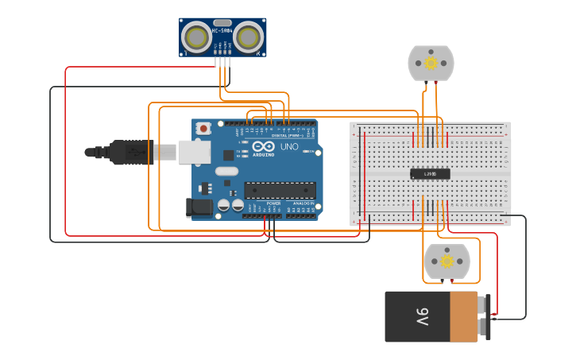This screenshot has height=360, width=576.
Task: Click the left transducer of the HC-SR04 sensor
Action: (x=196, y=37)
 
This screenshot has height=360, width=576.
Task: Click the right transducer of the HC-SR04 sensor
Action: (x=249, y=37)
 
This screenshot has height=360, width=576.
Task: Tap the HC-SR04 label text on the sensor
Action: (x=222, y=30)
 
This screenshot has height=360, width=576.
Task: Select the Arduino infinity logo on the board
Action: (x=263, y=146)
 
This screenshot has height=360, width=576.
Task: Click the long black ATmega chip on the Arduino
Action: (x=280, y=191)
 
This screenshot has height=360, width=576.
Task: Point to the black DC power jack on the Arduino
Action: (x=199, y=208)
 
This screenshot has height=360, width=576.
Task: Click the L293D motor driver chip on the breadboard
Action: (x=430, y=174)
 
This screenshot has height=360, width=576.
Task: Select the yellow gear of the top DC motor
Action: (x=431, y=63)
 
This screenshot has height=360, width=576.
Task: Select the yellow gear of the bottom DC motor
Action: (x=446, y=261)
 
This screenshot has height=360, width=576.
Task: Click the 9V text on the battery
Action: (x=421, y=317)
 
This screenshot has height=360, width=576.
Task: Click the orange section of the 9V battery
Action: (x=463, y=316)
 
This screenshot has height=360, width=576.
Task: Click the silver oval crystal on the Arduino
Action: (x=226, y=171)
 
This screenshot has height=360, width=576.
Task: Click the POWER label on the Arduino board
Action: (x=273, y=203)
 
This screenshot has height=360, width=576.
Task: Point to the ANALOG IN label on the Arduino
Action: (x=303, y=203)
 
